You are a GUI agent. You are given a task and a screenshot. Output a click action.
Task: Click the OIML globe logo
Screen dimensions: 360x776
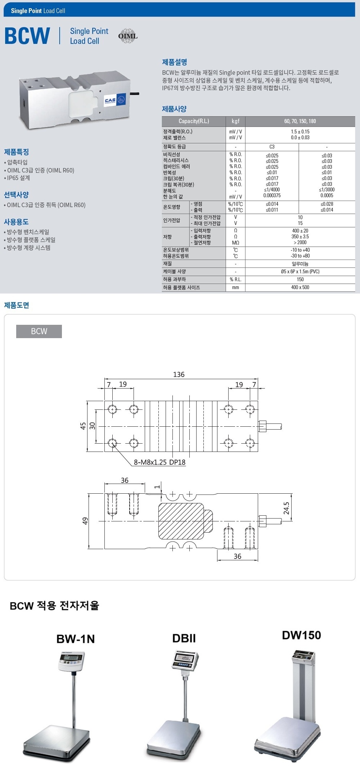(128, 36)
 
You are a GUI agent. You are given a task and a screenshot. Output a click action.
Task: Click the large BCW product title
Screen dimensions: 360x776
(27, 36)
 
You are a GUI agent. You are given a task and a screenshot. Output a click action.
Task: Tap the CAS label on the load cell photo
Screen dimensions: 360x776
(110, 100)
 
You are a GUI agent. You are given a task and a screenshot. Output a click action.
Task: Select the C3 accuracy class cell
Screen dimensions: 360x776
(272, 147)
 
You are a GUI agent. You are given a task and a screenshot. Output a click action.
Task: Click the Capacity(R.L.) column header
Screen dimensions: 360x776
(194, 121)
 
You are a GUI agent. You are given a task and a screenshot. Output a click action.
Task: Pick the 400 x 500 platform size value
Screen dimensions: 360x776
(300, 287)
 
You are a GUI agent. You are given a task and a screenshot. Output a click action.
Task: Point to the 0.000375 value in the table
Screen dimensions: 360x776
(272, 196)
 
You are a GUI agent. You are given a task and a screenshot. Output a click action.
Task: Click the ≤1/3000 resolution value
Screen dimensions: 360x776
(327, 190)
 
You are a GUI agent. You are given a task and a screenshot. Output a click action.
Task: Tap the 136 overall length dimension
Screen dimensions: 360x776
(179, 374)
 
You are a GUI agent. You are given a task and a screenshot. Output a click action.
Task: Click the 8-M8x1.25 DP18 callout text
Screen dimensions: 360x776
(159, 462)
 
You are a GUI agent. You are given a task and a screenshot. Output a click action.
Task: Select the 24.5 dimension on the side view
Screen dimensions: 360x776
(286, 508)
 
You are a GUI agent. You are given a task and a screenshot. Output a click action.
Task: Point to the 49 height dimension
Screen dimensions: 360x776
(85, 521)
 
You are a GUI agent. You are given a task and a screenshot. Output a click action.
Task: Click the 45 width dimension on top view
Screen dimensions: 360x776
(83, 426)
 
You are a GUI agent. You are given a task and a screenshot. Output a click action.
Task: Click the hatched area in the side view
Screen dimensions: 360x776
(181, 521)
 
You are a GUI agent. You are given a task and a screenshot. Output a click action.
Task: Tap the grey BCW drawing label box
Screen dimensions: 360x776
(39, 331)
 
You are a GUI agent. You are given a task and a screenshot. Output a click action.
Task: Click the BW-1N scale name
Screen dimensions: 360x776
(76, 639)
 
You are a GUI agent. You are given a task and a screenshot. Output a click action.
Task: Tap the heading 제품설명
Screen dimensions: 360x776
(175, 62)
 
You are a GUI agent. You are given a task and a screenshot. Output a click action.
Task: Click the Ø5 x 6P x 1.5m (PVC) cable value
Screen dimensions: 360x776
(300, 272)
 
